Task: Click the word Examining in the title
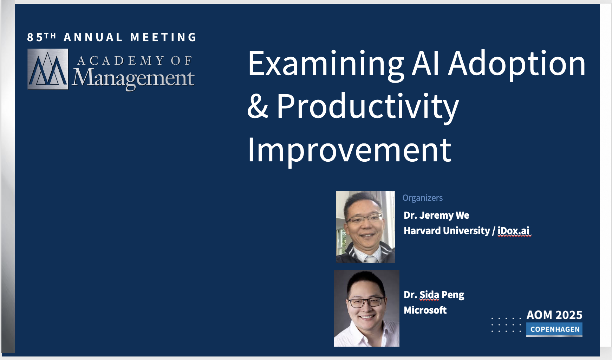[326, 64]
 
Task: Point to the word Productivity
[368, 107]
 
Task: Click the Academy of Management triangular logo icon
[48, 69]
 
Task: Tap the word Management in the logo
[134, 78]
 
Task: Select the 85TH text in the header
[41, 37]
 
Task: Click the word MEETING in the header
[164, 37]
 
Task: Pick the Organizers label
[422, 198]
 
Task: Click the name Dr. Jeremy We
[436, 215]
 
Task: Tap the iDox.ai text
[513, 231]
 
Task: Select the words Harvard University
[447, 231]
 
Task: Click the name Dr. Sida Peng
[434, 295]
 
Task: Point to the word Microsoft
[425, 310]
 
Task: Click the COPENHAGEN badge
[554, 330]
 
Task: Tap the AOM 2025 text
[554, 315]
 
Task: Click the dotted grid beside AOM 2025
[506, 325]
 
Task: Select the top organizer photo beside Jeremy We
[365, 227]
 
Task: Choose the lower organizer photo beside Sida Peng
[367, 308]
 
